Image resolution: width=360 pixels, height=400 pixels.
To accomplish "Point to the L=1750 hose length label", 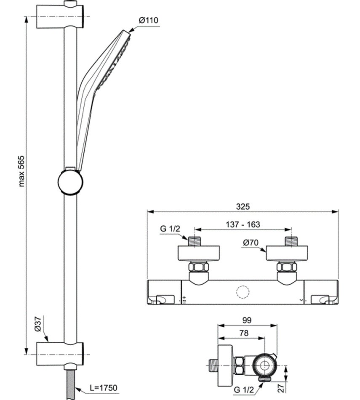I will tap(103, 388).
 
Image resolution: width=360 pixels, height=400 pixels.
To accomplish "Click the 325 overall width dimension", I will tap(243, 206).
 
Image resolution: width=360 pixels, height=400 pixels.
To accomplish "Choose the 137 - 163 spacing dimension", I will tap(243, 224).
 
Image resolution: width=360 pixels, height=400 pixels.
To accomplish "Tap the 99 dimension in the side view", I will tap(247, 320).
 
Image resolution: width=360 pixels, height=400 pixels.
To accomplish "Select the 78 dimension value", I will tap(243, 333).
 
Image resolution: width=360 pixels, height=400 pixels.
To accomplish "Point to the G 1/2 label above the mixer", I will tap(170, 229).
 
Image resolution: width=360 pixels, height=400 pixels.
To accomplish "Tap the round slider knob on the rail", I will tap(70, 182).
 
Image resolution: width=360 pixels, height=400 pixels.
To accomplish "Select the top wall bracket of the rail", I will tap(60, 16).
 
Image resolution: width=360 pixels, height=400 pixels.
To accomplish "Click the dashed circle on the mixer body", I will tap(243, 293).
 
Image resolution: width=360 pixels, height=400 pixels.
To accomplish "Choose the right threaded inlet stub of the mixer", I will tap(291, 241).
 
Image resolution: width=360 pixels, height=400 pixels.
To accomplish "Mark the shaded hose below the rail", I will tap(70, 383).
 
